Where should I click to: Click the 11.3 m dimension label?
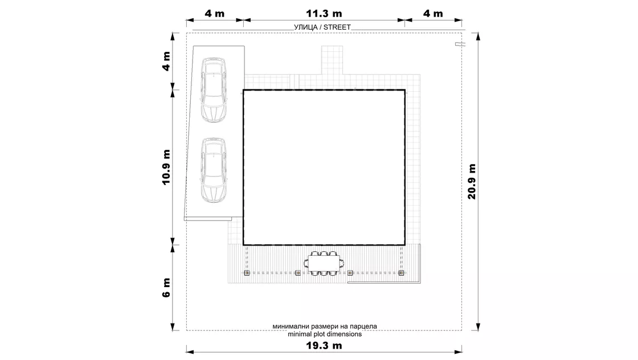[324, 14]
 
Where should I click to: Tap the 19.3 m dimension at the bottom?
[324, 346]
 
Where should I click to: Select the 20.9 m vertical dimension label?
[472, 181]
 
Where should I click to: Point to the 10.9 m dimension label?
[166, 167]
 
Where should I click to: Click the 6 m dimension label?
[166, 288]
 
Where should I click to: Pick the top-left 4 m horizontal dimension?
[214, 14]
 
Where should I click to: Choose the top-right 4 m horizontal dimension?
[433, 14]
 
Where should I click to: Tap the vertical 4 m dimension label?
[166, 62]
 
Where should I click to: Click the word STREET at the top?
[337, 27]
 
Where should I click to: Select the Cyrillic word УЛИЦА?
[305, 27]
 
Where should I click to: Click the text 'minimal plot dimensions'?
[325, 334]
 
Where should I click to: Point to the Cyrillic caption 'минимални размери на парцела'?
[325, 326]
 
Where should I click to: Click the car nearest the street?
[213, 90]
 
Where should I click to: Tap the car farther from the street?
[213, 170]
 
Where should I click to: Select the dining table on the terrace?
[324, 264]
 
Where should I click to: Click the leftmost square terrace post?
[247, 273]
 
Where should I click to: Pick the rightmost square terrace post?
[401, 273]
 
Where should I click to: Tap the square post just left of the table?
[298, 273]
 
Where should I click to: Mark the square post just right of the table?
[350, 273]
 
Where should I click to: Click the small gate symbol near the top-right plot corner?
[460, 44]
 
